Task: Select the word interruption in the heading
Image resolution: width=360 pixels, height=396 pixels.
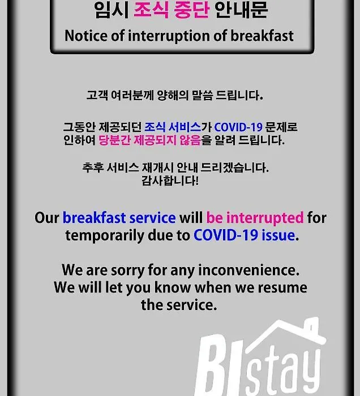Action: pos(169,36)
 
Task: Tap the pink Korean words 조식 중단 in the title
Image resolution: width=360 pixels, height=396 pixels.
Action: pos(172,10)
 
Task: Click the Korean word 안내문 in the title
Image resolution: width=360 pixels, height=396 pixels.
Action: pos(241,10)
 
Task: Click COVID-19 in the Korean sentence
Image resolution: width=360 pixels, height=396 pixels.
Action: pos(238,127)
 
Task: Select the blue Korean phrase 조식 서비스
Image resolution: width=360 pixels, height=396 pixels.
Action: pos(173,127)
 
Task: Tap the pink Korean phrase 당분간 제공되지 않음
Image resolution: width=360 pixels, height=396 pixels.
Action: pos(149,140)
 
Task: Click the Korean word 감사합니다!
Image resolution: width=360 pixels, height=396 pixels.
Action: pos(170,180)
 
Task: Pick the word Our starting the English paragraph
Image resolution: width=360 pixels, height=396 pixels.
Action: pos(47,218)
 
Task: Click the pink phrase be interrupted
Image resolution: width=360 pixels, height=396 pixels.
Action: pos(255,218)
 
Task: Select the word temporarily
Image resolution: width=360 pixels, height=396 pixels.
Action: pos(105,236)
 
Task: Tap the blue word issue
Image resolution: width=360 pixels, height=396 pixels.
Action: pos(278,235)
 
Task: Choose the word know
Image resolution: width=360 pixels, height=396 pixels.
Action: pos(173,287)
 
